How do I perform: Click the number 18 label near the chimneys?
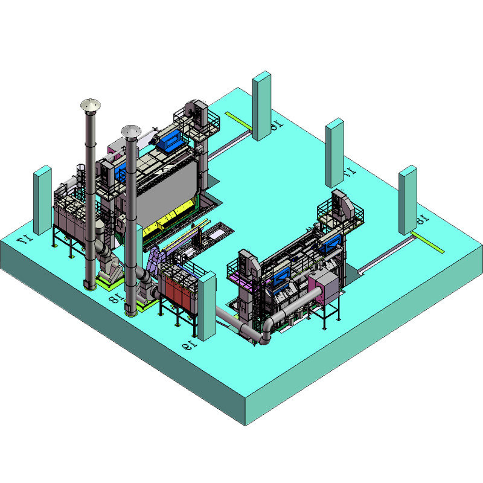[113, 296]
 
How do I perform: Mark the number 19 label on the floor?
[188, 345]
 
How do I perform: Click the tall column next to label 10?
[261, 106]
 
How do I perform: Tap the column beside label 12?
[408, 200]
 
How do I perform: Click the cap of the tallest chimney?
[91, 106]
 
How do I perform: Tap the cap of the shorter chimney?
[130, 130]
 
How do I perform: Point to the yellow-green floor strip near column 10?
[238, 120]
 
